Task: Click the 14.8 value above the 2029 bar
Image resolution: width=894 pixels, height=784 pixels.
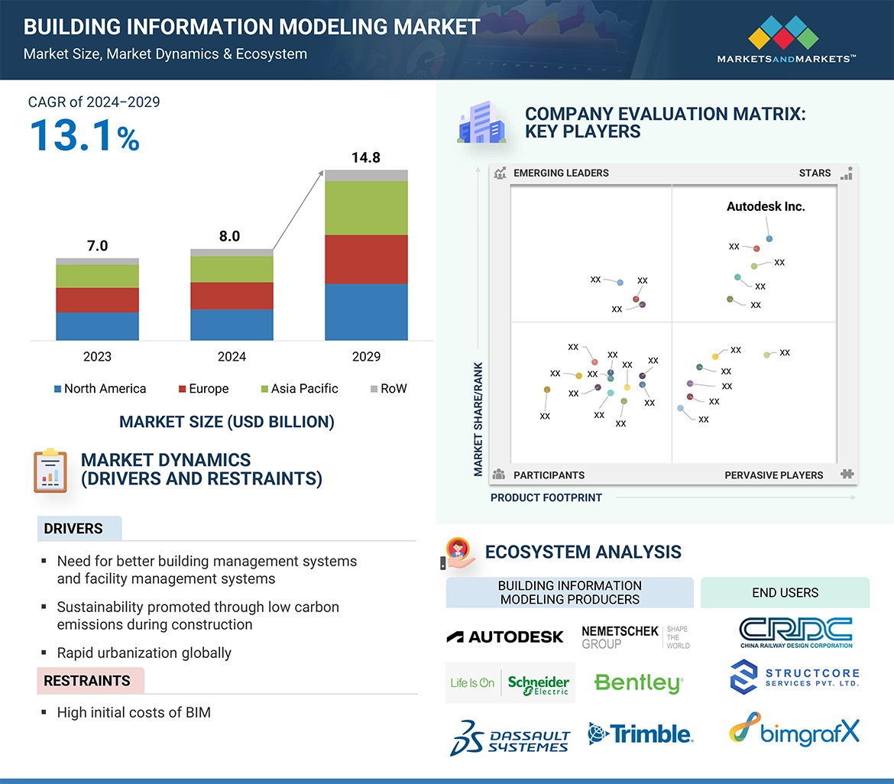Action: tap(365, 158)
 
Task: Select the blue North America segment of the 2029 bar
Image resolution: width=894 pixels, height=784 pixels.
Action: tap(366, 312)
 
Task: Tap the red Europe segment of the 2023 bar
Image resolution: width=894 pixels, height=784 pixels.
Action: tap(97, 300)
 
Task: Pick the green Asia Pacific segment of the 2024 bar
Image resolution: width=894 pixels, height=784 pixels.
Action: tap(232, 269)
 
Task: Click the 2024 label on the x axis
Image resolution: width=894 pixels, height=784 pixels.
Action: tap(232, 357)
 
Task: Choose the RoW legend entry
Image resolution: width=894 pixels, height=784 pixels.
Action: tap(388, 389)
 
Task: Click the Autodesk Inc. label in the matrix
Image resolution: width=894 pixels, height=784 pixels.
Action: tap(766, 206)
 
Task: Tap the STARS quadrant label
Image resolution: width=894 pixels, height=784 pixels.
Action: tap(815, 173)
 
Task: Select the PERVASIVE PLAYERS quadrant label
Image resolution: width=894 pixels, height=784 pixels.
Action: tap(773, 475)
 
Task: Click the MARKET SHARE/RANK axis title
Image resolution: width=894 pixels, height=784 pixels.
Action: tap(478, 419)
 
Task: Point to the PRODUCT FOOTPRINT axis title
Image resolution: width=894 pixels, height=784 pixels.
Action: tap(546, 497)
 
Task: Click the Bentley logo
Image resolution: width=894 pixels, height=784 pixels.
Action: tap(638, 682)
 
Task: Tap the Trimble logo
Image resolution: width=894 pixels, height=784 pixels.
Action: tap(640, 734)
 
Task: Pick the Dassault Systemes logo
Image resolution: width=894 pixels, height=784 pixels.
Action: tap(510, 737)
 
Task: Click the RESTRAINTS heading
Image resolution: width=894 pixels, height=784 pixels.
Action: tap(87, 681)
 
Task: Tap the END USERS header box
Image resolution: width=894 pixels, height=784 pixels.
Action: tap(785, 592)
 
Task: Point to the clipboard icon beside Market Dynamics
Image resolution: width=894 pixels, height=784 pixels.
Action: tap(50, 470)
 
